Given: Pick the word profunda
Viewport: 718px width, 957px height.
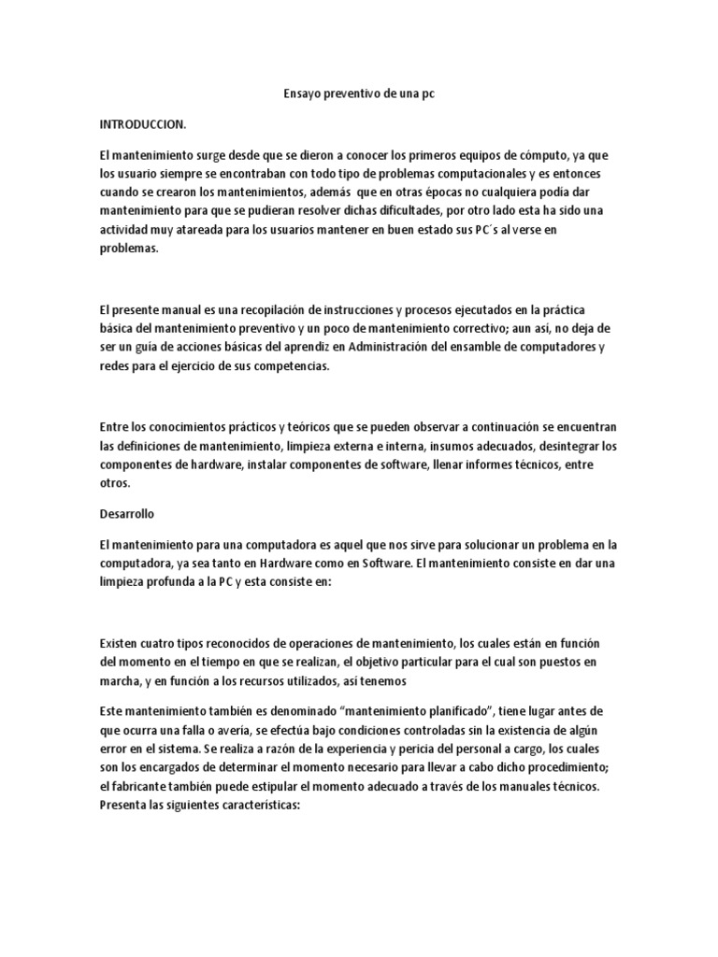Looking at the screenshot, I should [185, 581].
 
